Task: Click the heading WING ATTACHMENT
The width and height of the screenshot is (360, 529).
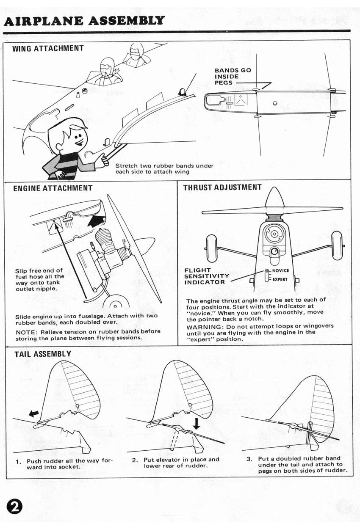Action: point(48,48)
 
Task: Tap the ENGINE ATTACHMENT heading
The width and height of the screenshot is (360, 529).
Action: point(53,188)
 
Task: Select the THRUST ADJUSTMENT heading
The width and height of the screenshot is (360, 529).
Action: point(222,187)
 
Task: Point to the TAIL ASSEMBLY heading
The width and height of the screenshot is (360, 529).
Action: point(43,354)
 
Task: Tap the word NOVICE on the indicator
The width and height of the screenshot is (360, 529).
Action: point(280,270)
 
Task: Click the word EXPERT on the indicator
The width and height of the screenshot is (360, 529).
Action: point(280,279)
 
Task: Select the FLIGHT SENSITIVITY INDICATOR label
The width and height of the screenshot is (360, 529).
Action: point(206,276)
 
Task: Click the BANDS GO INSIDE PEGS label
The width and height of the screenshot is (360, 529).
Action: point(233,77)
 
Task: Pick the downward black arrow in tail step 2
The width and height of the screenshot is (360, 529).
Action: point(196,423)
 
